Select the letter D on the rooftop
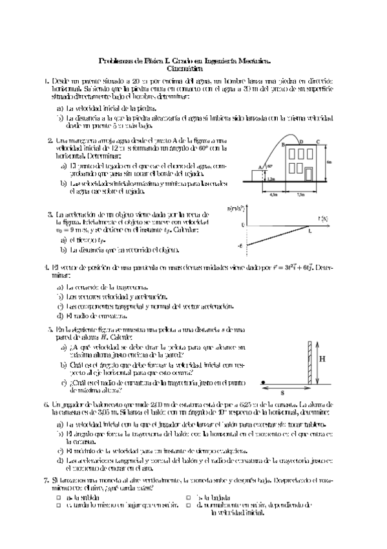(x=301, y=139)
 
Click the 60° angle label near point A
(x=270, y=167)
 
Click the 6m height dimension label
(x=330, y=162)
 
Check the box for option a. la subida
(x=59, y=497)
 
